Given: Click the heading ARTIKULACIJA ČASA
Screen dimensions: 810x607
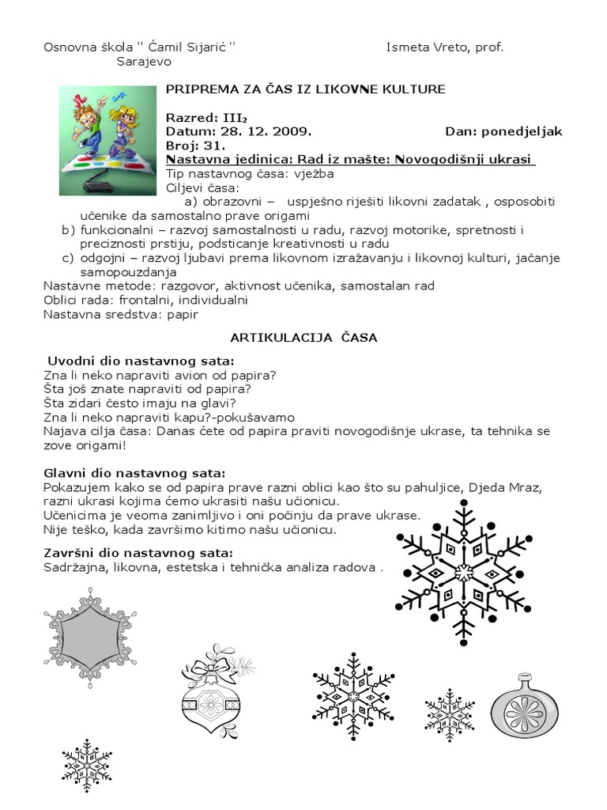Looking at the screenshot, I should pos(304,337).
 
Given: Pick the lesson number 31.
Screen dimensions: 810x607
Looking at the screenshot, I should pos(214,146).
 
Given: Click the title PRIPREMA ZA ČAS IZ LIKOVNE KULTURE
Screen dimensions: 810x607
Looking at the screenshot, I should pos(305,89).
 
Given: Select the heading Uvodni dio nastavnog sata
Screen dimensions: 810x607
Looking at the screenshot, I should pos(130,360).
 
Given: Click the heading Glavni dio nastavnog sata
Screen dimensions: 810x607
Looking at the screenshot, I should pos(134,473).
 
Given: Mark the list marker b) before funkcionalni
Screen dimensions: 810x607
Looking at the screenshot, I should pos(67,229).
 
